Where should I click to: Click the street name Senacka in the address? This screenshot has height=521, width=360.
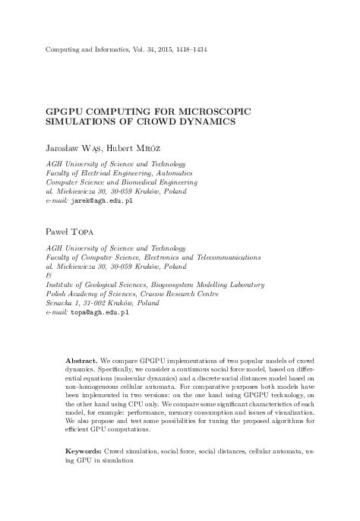[60, 303]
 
